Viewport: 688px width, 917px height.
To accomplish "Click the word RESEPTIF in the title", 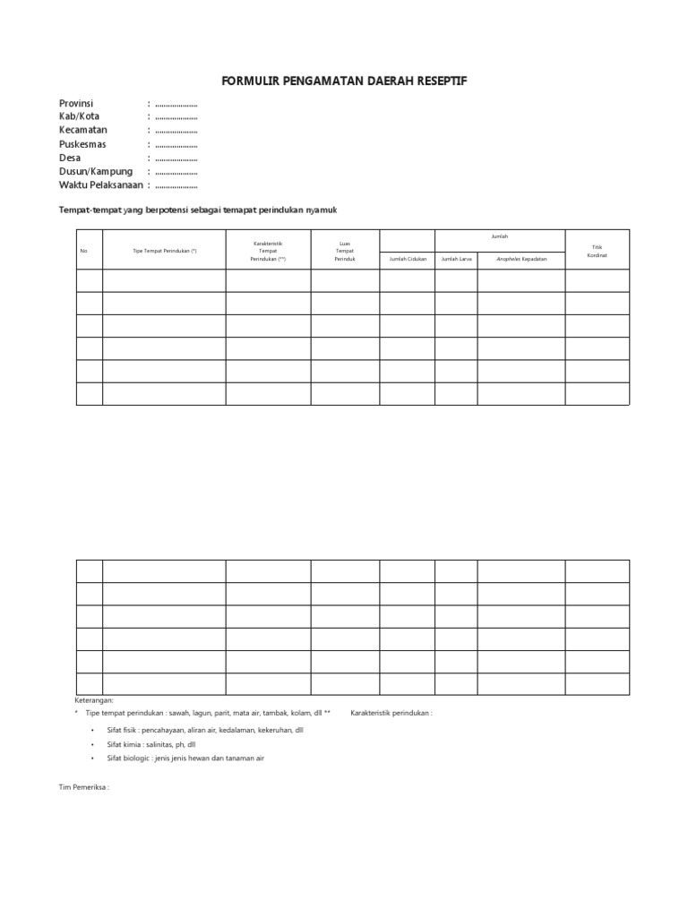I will point(437,81).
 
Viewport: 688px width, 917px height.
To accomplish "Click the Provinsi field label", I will point(76,104).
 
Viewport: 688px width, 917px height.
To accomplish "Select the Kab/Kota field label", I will point(80,117).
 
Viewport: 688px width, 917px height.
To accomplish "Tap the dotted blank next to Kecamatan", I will point(176,132).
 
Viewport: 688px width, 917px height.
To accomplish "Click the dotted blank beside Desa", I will point(176,159).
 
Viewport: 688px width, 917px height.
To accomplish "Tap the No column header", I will point(83,251).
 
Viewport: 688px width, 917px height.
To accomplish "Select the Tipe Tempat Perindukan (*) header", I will point(164,251).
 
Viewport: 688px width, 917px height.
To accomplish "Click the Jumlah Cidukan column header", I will point(408,259).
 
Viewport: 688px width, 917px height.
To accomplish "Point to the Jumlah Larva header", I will point(456,259).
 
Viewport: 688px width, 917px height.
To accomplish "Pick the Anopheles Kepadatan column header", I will point(520,259).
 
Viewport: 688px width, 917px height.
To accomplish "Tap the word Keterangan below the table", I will point(94,700).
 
